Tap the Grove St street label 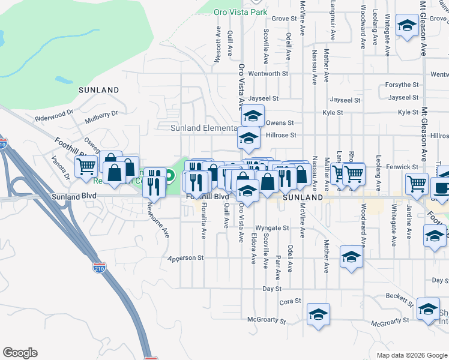(x=284, y=19)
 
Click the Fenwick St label (x=402, y=167)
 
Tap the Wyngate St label (x=273, y=228)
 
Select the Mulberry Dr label (x=102, y=113)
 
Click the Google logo (x=20, y=353)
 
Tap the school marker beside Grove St (x=408, y=26)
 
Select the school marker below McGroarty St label (x=319, y=314)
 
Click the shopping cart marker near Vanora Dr (x=86, y=166)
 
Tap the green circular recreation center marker (x=170, y=176)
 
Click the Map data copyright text (x=411, y=355)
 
